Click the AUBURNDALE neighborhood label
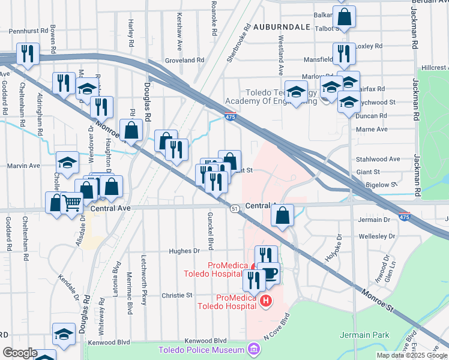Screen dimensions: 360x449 (282, 27)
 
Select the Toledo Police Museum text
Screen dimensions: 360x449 (201, 350)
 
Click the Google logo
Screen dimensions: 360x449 (19, 353)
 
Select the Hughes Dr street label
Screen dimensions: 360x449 (184, 251)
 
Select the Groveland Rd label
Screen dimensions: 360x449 (185, 61)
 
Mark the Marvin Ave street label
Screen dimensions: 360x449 (23, 166)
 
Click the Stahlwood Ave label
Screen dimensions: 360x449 (378, 159)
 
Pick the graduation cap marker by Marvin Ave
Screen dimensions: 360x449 (67, 162)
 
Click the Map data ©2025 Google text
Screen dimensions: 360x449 (411, 355)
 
